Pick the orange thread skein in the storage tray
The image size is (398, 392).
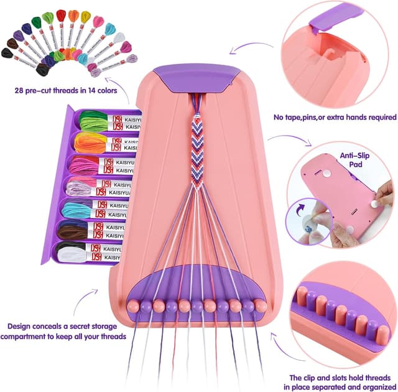pos(91,142)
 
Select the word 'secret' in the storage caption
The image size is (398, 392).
pos(89,325)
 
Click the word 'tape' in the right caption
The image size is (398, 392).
pos(295,116)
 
